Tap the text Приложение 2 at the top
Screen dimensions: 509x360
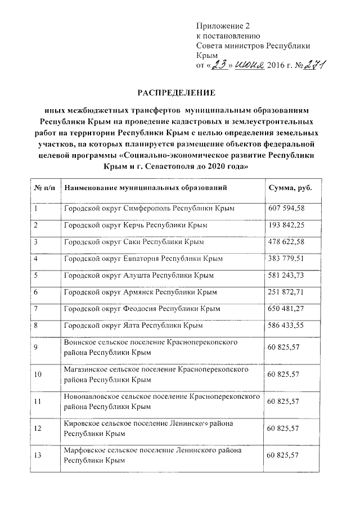[x=222, y=26]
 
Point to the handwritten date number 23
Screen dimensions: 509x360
[x=217, y=65]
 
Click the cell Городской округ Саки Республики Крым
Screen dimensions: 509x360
[x=134, y=242]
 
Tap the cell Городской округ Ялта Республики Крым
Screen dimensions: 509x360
[x=133, y=326]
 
